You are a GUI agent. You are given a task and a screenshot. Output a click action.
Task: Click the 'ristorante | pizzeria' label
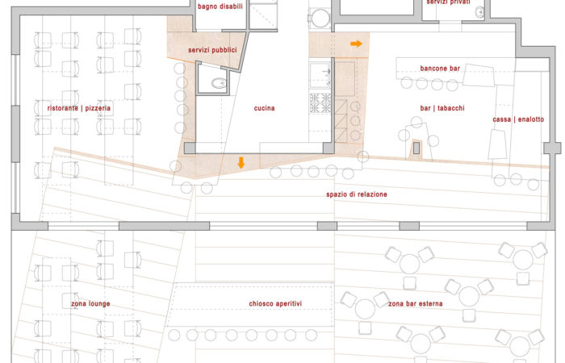(79, 108)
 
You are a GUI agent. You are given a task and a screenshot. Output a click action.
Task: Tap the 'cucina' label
(264, 108)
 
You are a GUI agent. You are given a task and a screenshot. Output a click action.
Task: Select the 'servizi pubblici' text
(212, 50)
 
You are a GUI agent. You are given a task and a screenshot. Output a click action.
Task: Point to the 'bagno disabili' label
(220, 6)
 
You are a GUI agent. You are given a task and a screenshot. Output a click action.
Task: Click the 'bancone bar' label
(440, 69)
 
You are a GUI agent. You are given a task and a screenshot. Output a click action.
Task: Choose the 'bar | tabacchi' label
(442, 108)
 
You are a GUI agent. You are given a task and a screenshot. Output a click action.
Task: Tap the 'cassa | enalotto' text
(518, 119)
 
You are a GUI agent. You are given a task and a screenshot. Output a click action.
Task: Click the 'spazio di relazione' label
(357, 194)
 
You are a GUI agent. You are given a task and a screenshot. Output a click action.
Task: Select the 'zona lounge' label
(90, 304)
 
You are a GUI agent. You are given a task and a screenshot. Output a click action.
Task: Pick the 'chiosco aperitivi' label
(275, 304)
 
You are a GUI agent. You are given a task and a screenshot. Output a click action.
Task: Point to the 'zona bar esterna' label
(416, 304)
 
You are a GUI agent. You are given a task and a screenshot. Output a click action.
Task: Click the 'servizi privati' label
(448, 2)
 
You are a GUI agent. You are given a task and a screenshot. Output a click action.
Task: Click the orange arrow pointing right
(357, 44)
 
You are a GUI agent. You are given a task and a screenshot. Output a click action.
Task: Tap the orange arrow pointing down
(241, 163)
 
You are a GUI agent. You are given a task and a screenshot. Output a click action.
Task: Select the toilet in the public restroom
(219, 84)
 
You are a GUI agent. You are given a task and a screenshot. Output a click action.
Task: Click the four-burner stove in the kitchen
(320, 103)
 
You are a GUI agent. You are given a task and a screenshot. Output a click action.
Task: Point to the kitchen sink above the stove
(320, 75)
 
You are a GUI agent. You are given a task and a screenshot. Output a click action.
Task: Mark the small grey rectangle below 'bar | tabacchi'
(416, 148)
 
